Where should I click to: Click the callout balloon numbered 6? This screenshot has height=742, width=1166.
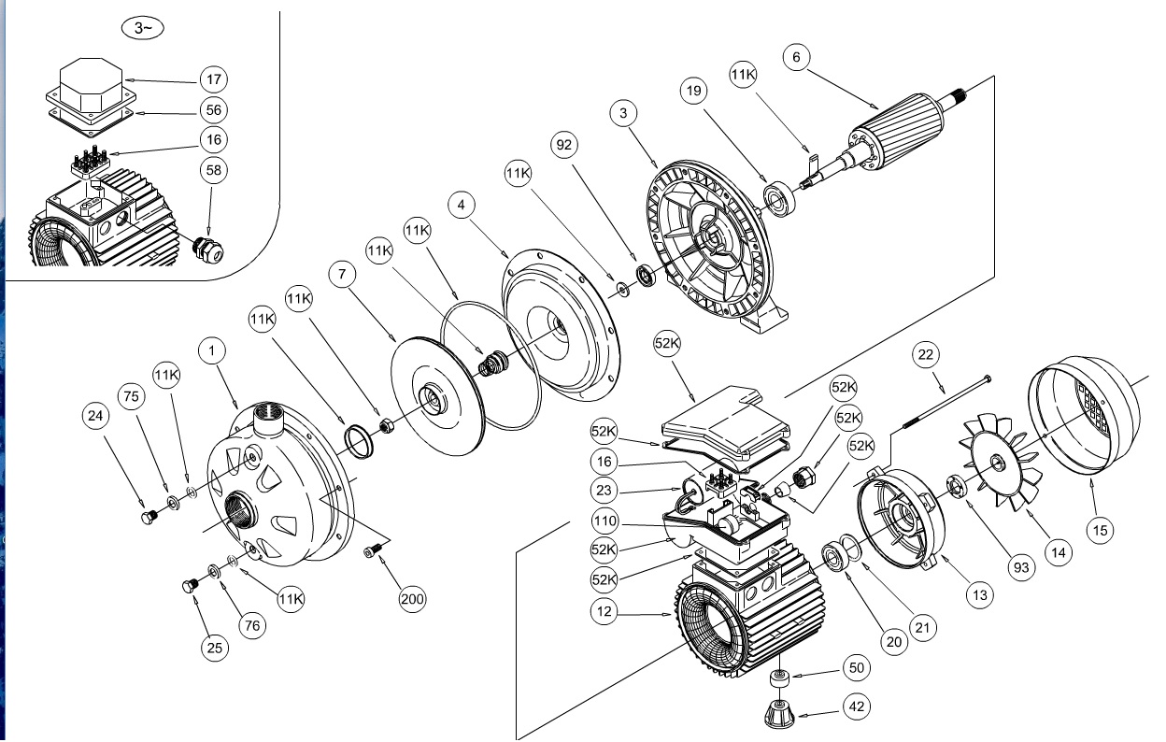point(796,57)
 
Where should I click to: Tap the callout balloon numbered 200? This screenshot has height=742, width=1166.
point(412,599)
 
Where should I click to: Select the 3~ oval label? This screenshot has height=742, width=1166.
point(143,28)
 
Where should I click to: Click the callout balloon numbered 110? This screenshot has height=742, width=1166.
point(604,521)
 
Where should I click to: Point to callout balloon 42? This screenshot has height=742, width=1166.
point(856,706)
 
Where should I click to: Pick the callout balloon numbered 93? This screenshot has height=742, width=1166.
point(1021,567)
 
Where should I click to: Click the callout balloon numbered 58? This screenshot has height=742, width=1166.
point(213,170)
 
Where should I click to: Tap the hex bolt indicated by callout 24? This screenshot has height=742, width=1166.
point(149,517)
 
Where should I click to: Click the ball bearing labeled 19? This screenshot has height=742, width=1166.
point(780,199)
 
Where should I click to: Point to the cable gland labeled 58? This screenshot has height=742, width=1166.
point(207,250)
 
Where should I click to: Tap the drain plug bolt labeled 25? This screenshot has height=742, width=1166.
point(191,585)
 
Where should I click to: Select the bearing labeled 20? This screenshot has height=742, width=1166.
point(835,557)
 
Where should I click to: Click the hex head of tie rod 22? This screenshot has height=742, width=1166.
point(987,379)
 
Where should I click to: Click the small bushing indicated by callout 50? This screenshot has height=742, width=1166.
point(779,678)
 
